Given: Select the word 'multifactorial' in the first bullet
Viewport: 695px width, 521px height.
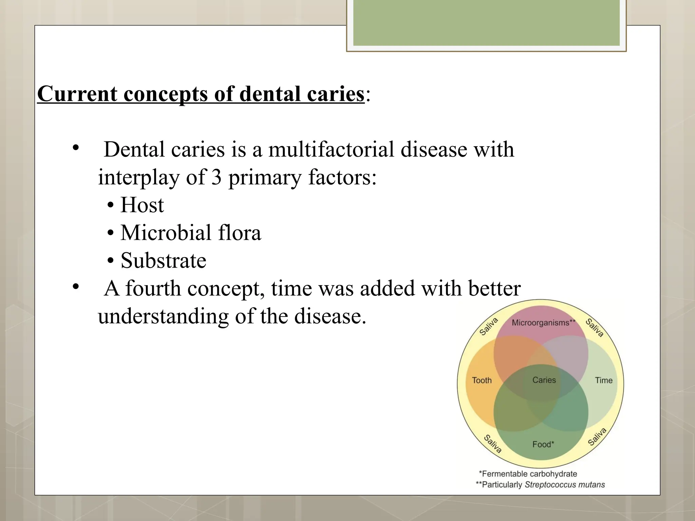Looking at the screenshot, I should tap(331, 149).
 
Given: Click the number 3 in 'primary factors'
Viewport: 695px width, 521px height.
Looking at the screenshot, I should tap(217, 177).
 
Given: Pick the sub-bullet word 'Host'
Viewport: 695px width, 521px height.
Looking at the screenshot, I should tap(142, 205).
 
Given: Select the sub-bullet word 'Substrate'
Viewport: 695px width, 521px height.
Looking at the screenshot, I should tap(163, 260).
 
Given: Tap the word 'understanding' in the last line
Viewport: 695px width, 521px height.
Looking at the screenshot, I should tap(163, 316).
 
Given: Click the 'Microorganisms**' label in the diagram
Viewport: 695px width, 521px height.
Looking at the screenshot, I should tap(543, 323).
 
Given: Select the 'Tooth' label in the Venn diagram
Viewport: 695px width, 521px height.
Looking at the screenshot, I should tap(482, 380).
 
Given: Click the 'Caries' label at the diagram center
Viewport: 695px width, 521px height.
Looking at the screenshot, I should tap(544, 380).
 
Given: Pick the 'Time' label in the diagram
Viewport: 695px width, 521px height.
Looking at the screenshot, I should tap(603, 380).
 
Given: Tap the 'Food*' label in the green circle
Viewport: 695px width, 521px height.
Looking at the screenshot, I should tap(543, 444).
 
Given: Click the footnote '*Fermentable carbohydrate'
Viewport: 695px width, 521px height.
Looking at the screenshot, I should tap(528, 474).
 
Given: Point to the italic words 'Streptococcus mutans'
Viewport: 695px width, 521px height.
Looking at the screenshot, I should tap(565, 484).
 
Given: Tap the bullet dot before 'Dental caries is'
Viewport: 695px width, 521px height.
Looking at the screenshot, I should tap(75, 148).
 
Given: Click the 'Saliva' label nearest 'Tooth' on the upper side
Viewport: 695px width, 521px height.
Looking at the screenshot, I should tap(489, 326).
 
